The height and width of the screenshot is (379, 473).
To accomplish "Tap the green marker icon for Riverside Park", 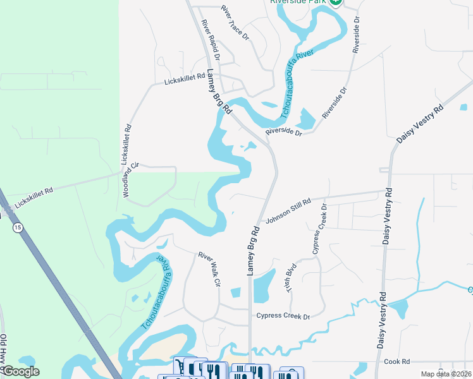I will tap(335, 2).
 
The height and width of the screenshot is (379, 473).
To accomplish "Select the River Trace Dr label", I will tap(235, 23).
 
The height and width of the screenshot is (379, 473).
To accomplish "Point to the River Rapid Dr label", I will tap(210, 39).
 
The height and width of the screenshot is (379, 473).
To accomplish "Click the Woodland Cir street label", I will tap(130, 181).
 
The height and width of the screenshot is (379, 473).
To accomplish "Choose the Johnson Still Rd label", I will tap(288, 211).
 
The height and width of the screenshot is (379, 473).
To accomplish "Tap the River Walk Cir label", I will tap(209, 270).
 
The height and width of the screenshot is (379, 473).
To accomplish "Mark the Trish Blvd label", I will tap(292, 277).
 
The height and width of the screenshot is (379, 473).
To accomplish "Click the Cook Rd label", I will tap(397, 361).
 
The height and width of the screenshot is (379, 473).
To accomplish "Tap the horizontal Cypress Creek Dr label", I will tap(283, 316).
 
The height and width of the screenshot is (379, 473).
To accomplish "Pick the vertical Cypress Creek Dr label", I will tap(320, 229).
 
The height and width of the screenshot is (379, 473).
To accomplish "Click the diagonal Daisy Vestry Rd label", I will tap(421, 123).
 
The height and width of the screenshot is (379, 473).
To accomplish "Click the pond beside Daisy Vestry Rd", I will tap(399, 309).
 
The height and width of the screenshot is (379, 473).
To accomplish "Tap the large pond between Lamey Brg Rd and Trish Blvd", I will tap(264, 285).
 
